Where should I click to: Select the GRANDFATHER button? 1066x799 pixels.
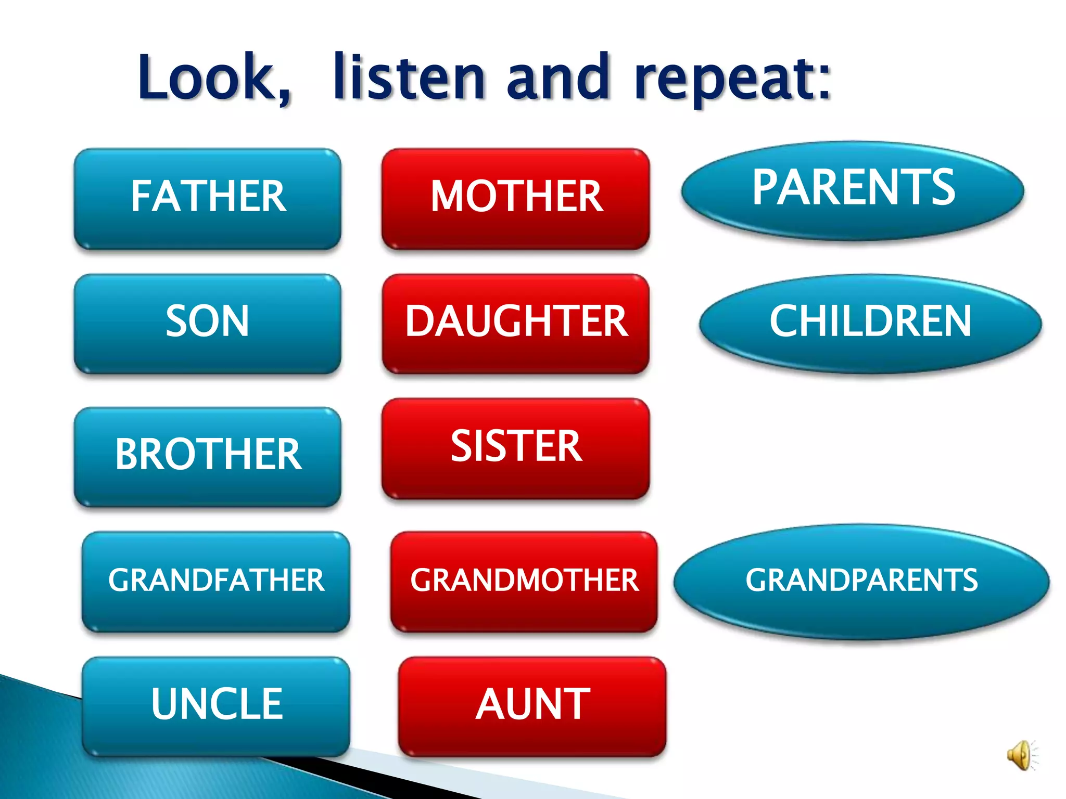click(x=215, y=581)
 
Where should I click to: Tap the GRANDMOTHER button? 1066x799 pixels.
click(x=524, y=581)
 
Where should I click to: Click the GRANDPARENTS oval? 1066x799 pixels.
click(x=861, y=581)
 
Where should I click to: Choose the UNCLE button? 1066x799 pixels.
click(x=215, y=705)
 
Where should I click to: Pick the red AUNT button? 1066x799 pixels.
click(x=532, y=705)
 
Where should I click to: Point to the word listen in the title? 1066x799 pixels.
click(x=409, y=78)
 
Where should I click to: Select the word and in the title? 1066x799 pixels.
click(x=558, y=78)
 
